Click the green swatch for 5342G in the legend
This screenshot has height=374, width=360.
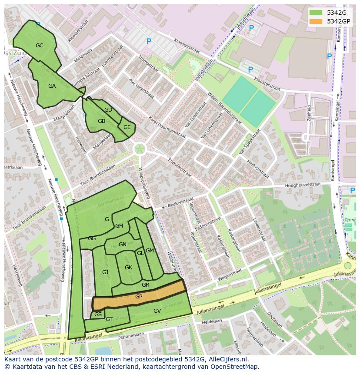[316, 13]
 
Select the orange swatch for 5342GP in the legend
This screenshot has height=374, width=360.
[316, 21]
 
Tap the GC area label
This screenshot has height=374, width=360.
[40, 46]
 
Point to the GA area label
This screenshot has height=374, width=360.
[52, 86]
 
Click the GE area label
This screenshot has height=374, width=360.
[127, 127]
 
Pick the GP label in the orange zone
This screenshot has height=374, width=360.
[139, 297]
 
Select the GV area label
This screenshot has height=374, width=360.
[157, 311]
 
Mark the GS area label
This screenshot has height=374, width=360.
[98, 314]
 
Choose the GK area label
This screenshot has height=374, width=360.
[128, 268]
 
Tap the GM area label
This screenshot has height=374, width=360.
[150, 251]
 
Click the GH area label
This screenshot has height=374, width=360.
[119, 226]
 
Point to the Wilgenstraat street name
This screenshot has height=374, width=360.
[230, 274]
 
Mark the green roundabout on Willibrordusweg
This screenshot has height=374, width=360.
[140, 149]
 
